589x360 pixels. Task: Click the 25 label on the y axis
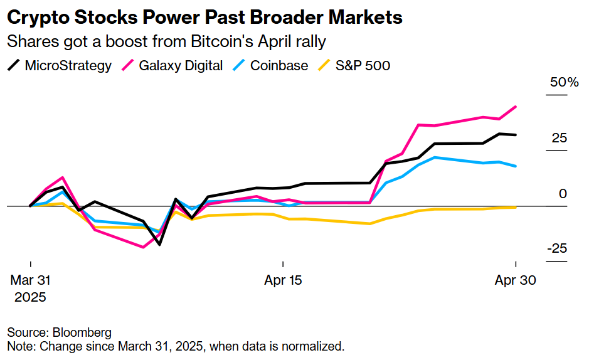[x=559, y=138]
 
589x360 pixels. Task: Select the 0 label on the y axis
[x=563, y=194]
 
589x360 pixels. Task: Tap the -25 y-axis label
[x=557, y=249]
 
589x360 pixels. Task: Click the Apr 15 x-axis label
[x=284, y=280]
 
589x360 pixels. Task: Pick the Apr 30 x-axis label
[x=516, y=280]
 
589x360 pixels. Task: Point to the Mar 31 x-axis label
[x=30, y=280]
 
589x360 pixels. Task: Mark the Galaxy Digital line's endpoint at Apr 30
[x=516, y=107]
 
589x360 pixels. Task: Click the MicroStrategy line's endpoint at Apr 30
[x=516, y=135]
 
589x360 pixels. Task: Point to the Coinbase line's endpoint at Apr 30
[x=516, y=166]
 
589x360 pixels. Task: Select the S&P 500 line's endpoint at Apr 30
[x=516, y=207]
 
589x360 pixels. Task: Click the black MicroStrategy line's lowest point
[x=160, y=244]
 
